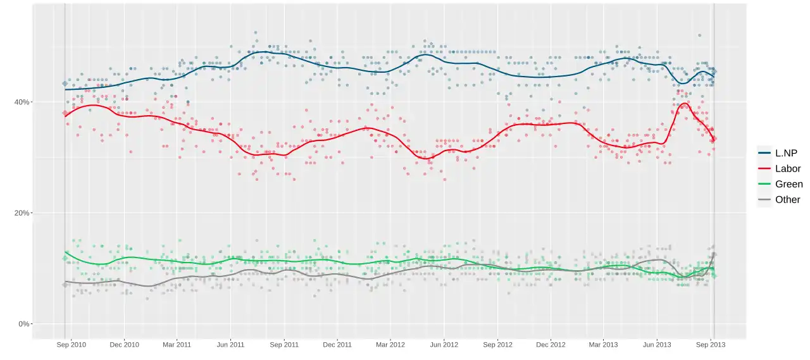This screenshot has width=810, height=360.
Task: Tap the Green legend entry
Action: (780, 184)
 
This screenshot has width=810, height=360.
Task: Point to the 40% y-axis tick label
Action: (22, 102)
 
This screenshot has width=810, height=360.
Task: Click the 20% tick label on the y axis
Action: (22, 213)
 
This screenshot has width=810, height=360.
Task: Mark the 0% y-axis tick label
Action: (23, 324)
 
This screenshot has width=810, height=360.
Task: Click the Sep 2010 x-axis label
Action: (72, 345)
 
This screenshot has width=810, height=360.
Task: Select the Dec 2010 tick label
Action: (125, 345)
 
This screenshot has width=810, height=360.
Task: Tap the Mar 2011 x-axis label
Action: (177, 345)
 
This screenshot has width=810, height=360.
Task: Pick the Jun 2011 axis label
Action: (230, 345)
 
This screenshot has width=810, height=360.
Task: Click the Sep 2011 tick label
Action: (284, 345)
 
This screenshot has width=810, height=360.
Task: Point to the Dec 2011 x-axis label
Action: (337, 345)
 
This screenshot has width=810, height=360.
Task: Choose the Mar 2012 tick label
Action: (390, 345)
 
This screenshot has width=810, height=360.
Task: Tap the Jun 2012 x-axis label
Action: (444, 345)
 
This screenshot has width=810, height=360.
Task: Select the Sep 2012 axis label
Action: (497, 345)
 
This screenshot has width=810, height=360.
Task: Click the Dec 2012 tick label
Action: (551, 345)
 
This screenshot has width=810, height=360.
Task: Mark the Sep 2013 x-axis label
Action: (711, 345)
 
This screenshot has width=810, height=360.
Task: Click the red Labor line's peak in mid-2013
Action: (685, 103)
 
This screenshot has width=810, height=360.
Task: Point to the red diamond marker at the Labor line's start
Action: (65, 113)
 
